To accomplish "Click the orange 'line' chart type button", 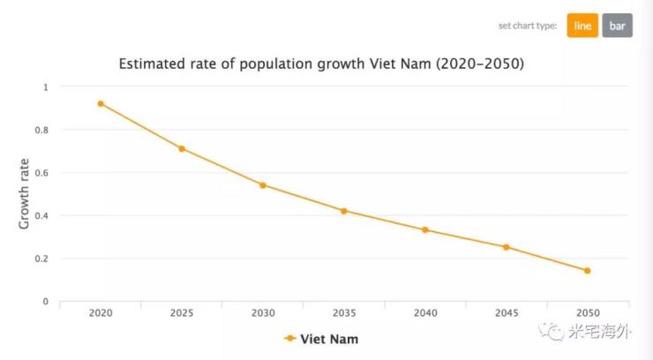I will (x=582, y=26).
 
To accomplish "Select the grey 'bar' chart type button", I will (x=617, y=26).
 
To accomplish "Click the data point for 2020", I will (x=101, y=103).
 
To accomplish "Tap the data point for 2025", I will (x=182, y=148).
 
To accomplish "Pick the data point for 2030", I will (x=263, y=185).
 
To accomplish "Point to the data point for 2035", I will (x=344, y=211).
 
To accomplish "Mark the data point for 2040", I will (x=425, y=229).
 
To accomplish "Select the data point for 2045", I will (x=507, y=247).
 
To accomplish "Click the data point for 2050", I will (x=587, y=271).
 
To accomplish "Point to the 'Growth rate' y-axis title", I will (x=24, y=194).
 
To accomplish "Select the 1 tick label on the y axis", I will (x=46, y=87).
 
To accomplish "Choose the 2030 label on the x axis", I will (x=263, y=312).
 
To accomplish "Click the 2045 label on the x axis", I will (x=507, y=312).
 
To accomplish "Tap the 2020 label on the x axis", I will (x=101, y=312).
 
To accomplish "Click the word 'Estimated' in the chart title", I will (x=157, y=64).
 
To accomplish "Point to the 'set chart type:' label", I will (x=527, y=26).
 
